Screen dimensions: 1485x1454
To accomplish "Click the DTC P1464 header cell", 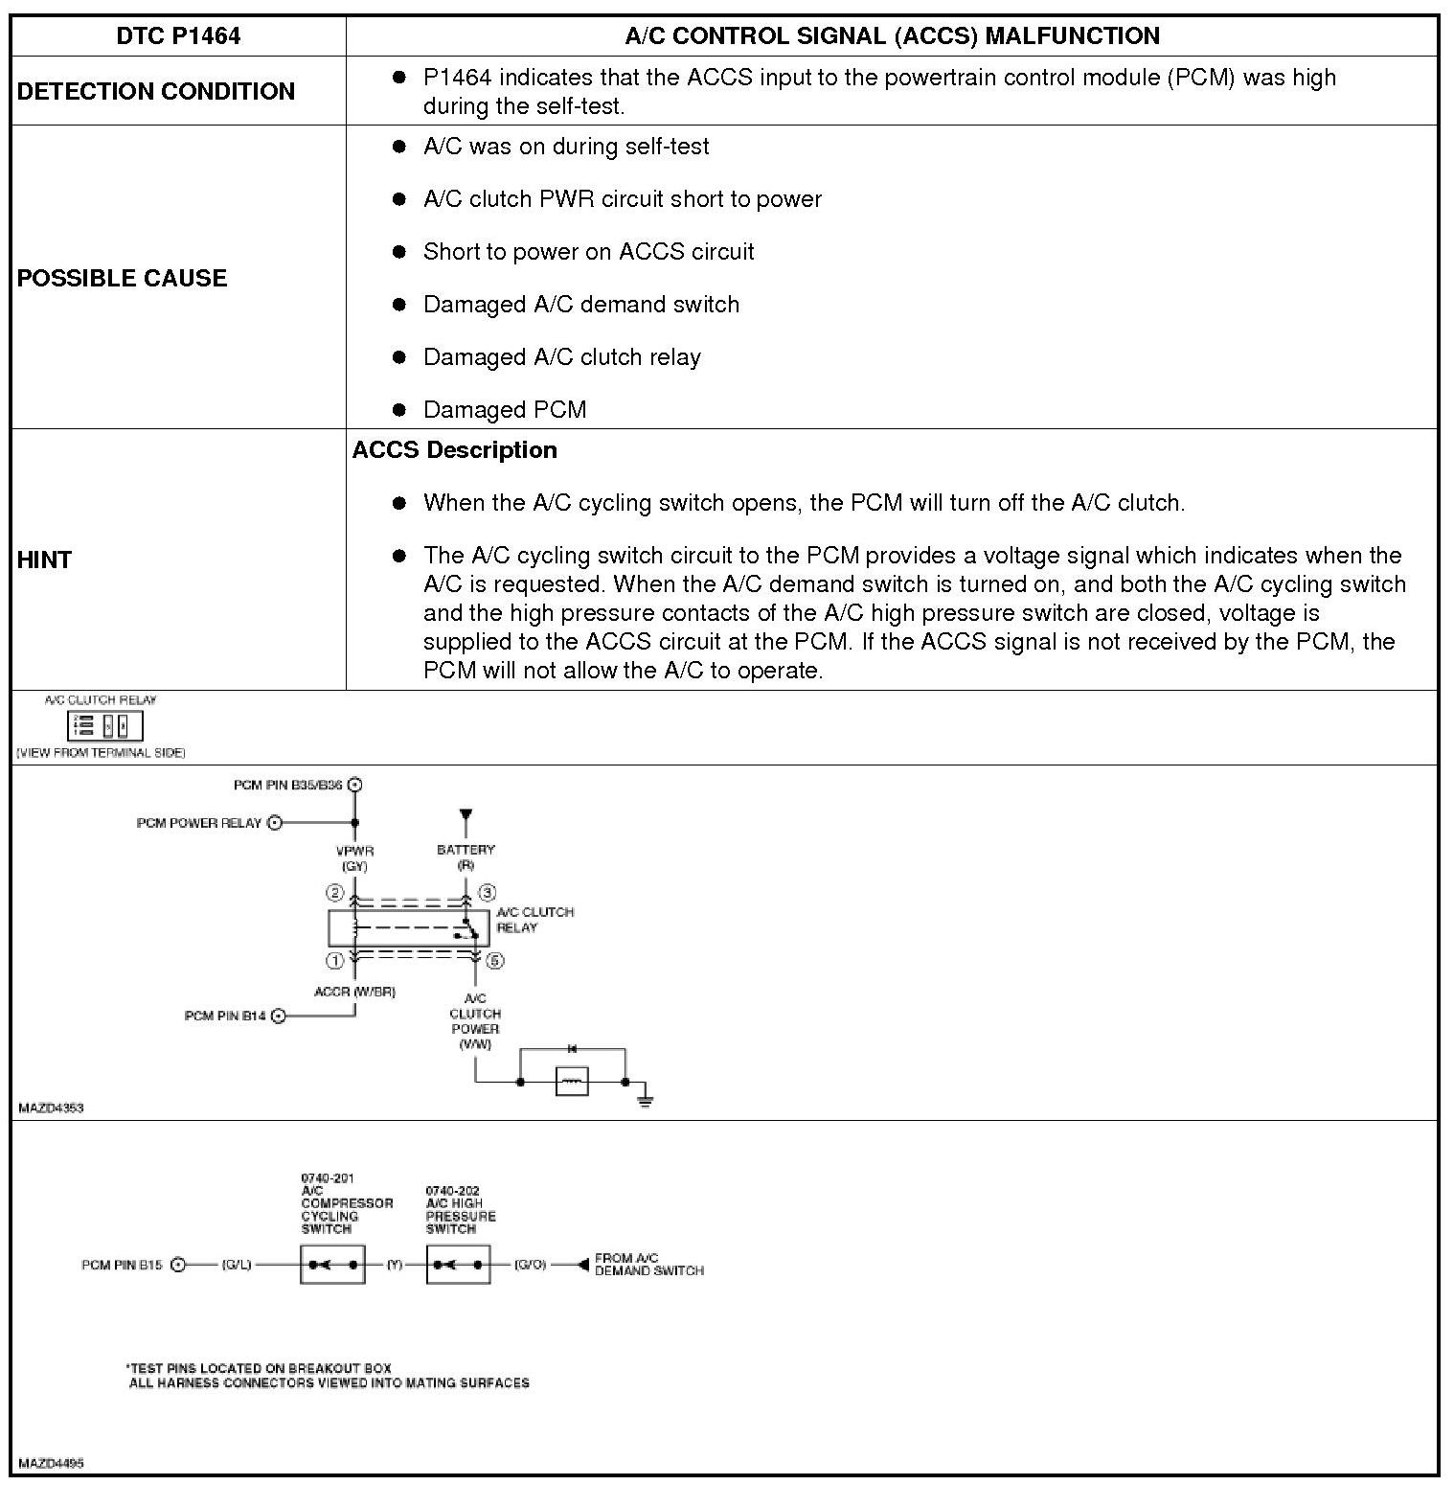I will [178, 36].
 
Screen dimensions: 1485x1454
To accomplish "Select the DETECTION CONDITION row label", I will [156, 91].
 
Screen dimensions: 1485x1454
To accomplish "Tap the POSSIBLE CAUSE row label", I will [123, 278].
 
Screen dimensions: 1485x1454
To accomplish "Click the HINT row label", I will [45, 560].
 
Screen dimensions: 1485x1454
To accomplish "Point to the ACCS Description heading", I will [455, 450].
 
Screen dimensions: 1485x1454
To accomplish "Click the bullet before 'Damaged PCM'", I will [399, 410].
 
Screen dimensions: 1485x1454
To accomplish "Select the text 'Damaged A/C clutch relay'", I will [562, 357].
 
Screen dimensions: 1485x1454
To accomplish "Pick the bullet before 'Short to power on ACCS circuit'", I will [399, 252].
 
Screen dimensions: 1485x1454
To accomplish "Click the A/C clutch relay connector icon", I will [104, 725].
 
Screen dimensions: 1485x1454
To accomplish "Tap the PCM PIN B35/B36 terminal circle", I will [355, 785].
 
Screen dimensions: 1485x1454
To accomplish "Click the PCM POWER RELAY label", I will [199, 823].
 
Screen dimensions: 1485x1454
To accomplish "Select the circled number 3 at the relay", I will [487, 893].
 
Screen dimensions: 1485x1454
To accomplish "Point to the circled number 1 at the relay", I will [334, 960].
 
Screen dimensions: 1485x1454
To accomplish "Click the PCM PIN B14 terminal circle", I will [279, 1016].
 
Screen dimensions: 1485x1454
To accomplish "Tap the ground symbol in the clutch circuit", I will [646, 1098].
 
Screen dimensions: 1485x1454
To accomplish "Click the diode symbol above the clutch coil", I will [572, 1050].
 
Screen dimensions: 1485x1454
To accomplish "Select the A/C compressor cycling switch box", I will [332, 1265].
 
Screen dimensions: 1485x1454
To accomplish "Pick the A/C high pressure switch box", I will [458, 1265].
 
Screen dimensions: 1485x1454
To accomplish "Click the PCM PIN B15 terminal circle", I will [177, 1265].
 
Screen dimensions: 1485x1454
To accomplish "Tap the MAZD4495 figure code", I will [52, 1463].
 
